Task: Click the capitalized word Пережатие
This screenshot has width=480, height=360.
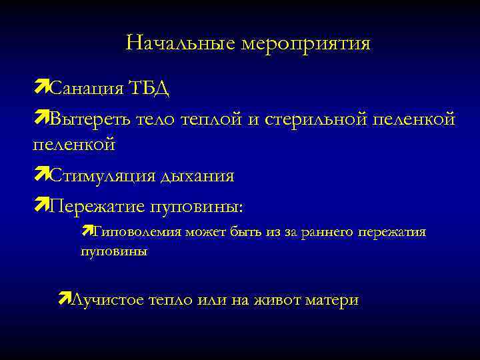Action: pos(99,207)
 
